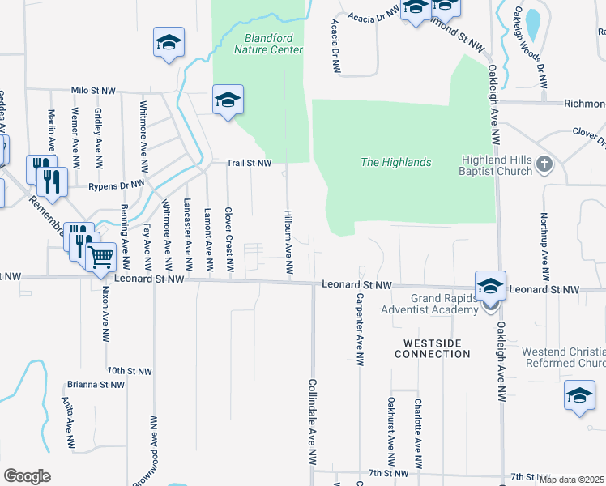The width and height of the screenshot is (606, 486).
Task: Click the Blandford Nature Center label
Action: coord(268,44)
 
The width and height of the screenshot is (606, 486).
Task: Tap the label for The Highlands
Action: coord(395,163)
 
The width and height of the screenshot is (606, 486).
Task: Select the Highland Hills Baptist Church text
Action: coord(497,165)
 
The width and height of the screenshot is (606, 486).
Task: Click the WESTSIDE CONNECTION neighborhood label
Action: coord(433,348)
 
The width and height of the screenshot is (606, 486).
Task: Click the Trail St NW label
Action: coord(248,163)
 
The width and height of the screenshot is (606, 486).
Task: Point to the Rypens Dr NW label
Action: coord(116,185)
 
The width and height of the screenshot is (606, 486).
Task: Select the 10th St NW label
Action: coord(129,370)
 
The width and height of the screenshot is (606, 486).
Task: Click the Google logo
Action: coord(28,476)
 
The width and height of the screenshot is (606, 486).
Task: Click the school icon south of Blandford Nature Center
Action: coord(228,100)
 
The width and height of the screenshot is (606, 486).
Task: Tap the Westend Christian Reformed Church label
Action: coord(563,358)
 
